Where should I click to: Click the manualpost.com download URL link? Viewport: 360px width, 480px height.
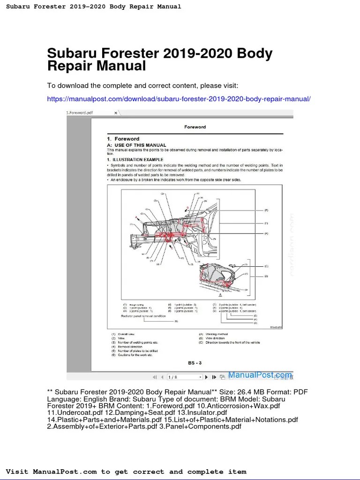(x=179, y=99)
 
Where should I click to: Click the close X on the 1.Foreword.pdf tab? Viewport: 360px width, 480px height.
(x=116, y=113)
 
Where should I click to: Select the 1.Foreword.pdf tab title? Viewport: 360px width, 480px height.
(x=79, y=113)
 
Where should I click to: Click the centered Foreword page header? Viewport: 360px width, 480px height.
(x=195, y=127)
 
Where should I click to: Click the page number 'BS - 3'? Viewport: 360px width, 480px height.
(x=195, y=362)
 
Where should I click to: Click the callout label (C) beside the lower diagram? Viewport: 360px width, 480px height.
(x=266, y=266)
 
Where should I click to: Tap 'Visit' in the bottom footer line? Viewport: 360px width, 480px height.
(x=17, y=472)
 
